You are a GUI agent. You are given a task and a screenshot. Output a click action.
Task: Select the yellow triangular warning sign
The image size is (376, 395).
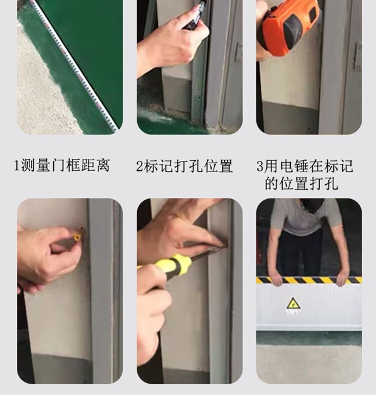293,304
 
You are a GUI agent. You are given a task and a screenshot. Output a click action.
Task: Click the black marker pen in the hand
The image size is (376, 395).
196,14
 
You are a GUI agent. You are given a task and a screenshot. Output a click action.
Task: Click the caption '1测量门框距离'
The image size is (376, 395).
62,166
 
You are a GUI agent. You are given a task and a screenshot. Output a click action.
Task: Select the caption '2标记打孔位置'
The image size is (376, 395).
184,166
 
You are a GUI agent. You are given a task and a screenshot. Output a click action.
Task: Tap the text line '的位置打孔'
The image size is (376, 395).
301,183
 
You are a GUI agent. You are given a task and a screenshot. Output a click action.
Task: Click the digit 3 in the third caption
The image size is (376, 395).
259,167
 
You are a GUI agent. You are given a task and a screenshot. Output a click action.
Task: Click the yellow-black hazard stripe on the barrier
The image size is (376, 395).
309,280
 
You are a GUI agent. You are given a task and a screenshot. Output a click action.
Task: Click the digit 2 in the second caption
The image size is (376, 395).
140,167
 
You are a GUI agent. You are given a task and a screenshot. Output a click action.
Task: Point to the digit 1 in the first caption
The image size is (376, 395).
17,167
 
